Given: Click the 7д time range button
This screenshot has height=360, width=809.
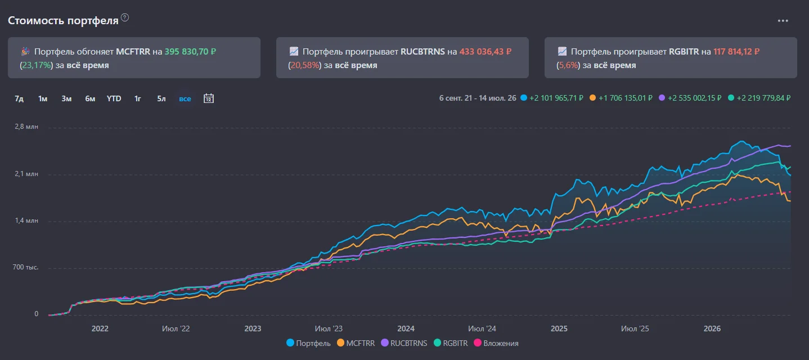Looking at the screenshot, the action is coord(19,98).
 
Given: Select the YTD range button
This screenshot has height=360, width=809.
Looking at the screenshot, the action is coord(114,98).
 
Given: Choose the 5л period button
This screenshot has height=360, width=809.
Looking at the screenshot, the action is coord(161,98).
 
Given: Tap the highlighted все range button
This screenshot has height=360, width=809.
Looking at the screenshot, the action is coord(185,98).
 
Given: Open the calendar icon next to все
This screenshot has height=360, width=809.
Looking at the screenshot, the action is coord(209,98).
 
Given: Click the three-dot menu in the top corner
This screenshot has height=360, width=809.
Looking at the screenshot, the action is coord(783,21).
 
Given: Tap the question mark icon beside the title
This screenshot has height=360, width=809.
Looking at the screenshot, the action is coord(125,17).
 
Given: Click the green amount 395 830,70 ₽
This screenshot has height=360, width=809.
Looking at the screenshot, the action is coord(190,52).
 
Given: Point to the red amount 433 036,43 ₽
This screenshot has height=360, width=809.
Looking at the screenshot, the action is coord(486,52).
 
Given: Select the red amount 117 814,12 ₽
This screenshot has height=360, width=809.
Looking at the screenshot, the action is coord(736,52).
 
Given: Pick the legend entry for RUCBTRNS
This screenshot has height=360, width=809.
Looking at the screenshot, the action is coord(404,343).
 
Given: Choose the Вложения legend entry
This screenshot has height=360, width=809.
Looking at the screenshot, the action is coord(496,343).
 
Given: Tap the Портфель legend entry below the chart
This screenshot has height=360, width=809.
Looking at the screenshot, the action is coord(308,343).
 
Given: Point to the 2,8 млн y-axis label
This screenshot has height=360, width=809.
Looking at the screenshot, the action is coord(26,127).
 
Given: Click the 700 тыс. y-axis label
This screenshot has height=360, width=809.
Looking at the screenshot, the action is coord(25,267).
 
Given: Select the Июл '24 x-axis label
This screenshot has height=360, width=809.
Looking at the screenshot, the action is coord(482,328).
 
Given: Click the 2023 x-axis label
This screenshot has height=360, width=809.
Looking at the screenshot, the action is coord(253,328).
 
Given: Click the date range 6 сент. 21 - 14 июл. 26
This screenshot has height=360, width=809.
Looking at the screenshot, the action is coord(478,98).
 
